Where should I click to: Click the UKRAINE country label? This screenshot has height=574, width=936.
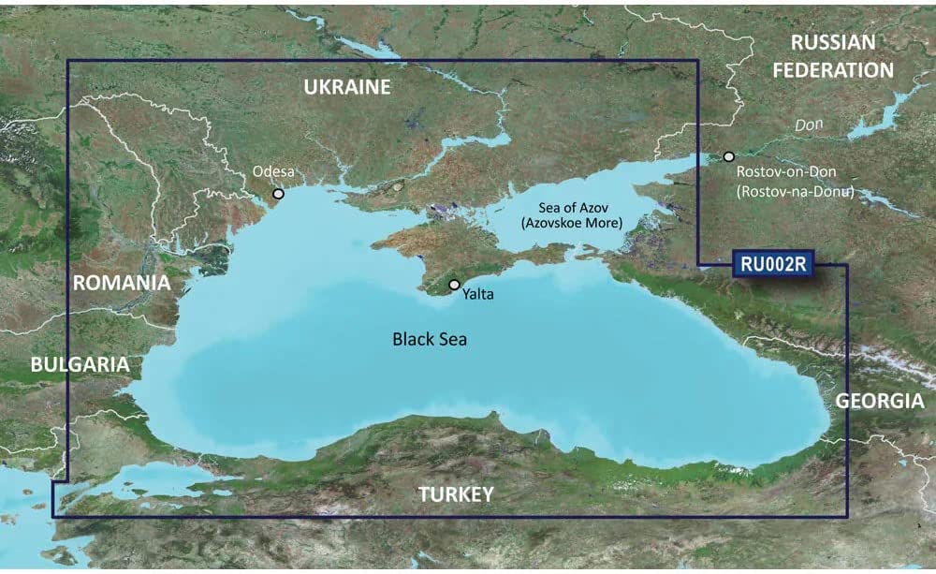346,88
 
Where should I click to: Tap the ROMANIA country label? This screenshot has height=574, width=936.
122,282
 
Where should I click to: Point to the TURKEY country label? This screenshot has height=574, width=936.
456,494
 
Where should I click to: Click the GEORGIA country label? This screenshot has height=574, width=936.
880,401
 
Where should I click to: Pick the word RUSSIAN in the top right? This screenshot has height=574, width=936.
833,42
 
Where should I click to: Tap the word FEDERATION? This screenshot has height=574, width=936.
833,70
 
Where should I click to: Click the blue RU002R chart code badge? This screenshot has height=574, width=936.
772,265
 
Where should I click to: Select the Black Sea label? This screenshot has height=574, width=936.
430,339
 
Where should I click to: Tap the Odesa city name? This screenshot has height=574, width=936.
273,172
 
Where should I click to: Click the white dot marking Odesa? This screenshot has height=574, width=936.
278,194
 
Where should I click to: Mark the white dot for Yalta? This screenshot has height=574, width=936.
455,284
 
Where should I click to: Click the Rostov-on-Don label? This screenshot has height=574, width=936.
786,172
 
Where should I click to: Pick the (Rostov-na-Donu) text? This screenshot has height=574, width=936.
795,191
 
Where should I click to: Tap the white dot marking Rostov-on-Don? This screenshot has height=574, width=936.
729,156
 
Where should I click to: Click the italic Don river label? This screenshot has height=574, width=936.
808,125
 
